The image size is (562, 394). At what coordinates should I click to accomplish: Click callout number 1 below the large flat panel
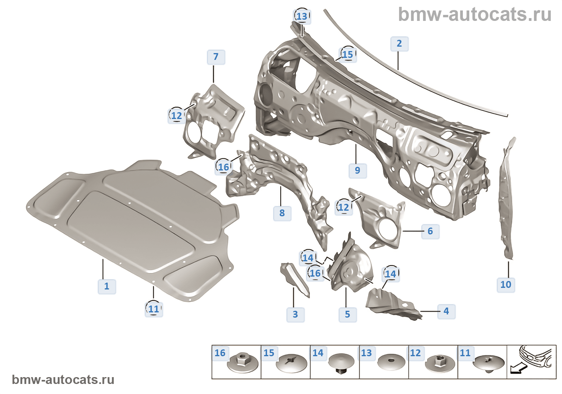click(107, 286)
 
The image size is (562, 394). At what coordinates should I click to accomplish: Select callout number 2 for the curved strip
click(399, 43)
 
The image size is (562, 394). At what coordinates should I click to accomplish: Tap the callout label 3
click(295, 314)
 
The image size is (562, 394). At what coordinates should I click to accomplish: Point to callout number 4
click(446, 311)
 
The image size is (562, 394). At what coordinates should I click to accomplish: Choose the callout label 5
click(347, 314)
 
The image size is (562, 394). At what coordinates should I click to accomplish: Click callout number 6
click(430, 231)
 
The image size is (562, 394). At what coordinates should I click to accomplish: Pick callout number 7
click(216, 57)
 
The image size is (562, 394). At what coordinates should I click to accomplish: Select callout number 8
click(282, 213)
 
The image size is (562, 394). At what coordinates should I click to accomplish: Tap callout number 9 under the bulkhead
click(357, 170)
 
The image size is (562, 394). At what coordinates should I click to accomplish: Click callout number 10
click(505, 285)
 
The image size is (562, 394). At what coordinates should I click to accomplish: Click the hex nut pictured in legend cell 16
click(242, 363)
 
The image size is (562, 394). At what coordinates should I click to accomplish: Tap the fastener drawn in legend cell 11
click(488, 363)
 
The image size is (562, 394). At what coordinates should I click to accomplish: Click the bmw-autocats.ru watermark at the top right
click(474, 15)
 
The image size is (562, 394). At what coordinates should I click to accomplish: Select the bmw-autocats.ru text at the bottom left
click(63, 380)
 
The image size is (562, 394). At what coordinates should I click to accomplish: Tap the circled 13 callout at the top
click(302, 16)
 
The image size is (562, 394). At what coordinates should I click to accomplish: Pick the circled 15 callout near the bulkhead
click(348, 54)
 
